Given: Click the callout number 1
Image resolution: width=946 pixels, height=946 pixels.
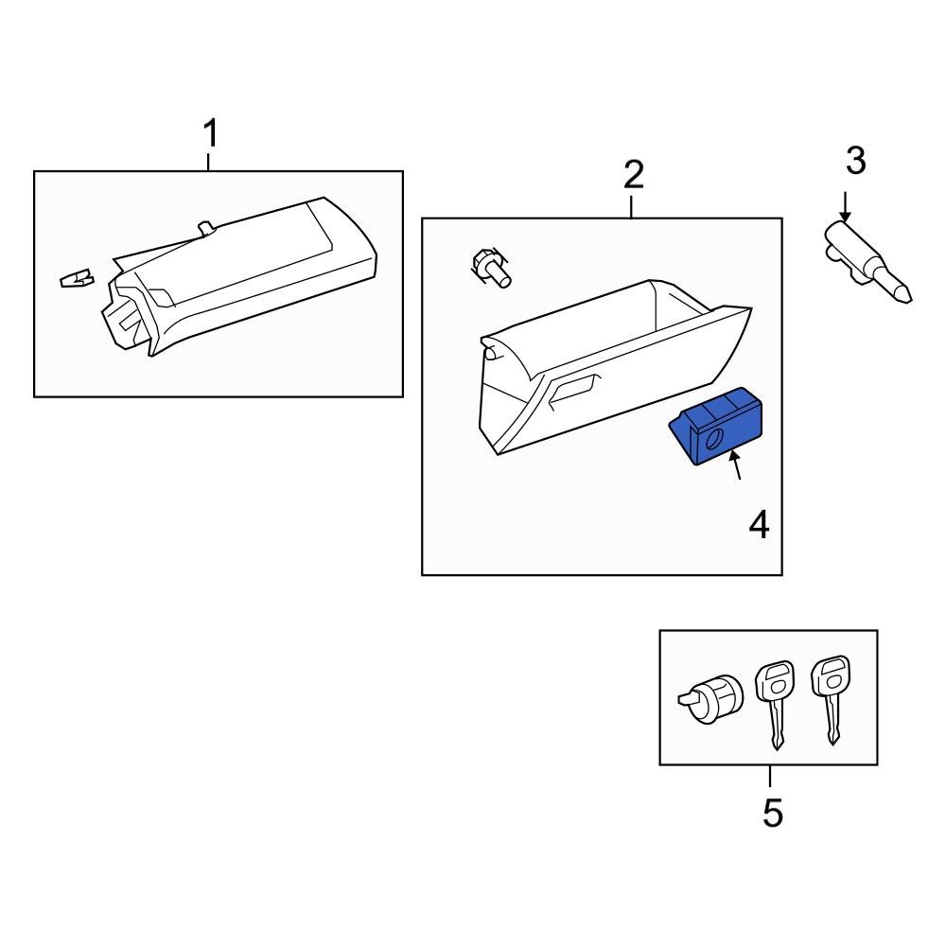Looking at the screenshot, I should point(211,134).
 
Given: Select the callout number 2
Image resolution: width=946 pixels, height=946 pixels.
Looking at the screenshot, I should point(633,174).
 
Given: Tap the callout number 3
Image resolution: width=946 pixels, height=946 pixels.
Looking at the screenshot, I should point(855,161).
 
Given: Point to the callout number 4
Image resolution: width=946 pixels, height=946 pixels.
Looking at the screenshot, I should point(759,524).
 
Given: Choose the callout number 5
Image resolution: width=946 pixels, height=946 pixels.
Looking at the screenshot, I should point(773,813).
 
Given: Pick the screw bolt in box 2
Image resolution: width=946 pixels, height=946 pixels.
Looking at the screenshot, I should point(490,267).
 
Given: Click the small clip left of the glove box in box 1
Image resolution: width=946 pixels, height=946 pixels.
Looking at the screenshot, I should point(76,278).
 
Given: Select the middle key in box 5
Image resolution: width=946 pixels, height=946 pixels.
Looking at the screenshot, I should point(773,701).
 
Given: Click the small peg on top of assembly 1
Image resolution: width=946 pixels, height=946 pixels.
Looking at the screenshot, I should point(204,227).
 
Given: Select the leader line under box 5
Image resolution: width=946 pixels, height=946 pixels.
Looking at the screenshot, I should point(770,776).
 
